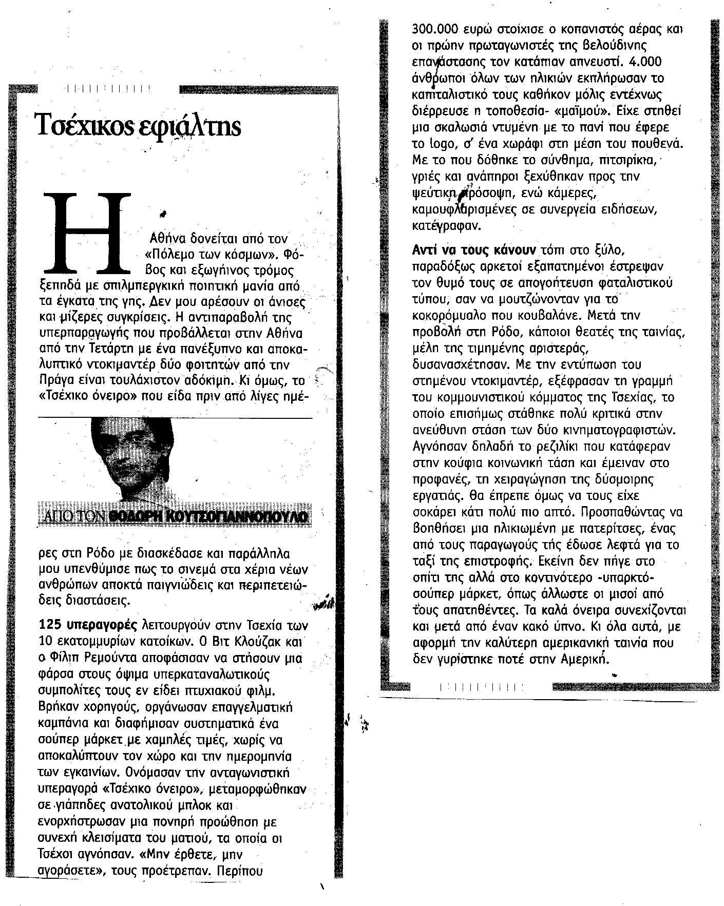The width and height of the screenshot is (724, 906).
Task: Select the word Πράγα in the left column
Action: tap(55, 381)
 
